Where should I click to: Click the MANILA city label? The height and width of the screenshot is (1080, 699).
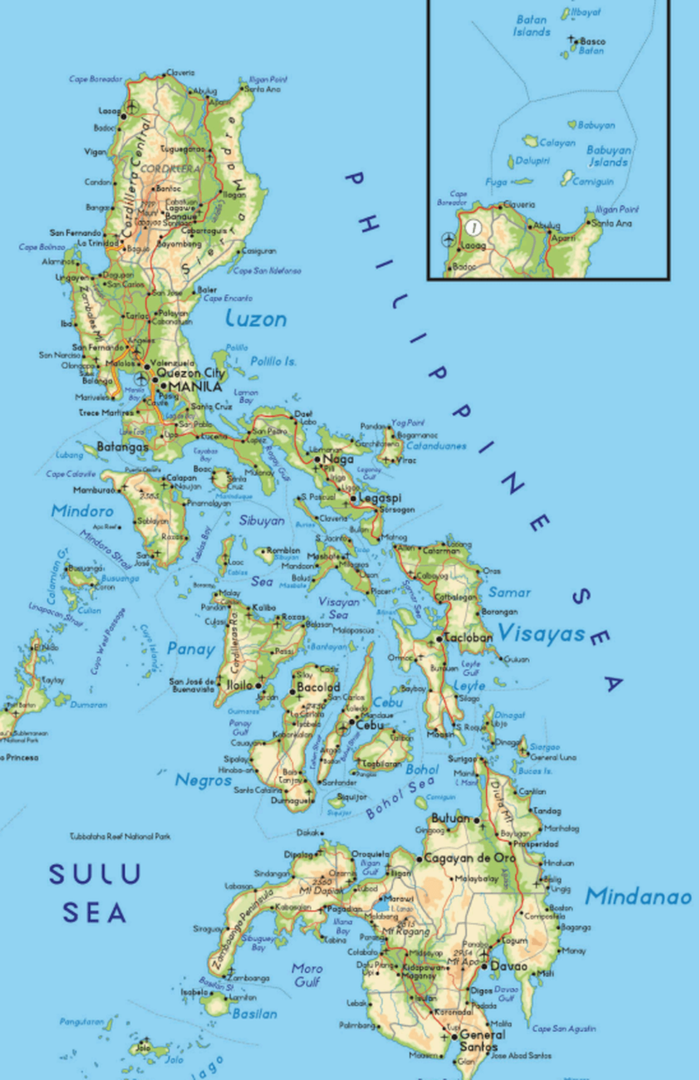pos(195,386)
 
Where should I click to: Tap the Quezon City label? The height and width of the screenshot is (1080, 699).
pos(190,373)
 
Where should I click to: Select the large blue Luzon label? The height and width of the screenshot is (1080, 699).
pos(256,319)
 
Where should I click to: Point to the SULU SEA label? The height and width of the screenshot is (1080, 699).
pos(95,893)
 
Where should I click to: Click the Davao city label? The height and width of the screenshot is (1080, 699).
pos(509,966)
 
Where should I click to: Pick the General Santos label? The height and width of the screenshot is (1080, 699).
pos(482,1040)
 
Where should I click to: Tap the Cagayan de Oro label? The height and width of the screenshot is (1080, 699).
pos(469,858)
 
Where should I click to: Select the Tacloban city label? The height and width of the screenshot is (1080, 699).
pos(468,637)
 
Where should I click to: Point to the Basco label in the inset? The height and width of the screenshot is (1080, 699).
pos(593,41)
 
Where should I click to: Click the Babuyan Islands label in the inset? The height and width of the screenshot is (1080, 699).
pos(608,156)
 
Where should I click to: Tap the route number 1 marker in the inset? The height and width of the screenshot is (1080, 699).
pos(475,227)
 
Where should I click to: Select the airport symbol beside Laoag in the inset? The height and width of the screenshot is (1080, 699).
pos(448,240)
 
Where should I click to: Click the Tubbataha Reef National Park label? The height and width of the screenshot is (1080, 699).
pos(120,836)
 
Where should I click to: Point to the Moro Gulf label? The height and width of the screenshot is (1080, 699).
pos(307,975)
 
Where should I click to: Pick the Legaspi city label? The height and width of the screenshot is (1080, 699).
pos(380,498)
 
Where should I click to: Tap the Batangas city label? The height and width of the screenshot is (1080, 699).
pos(122,446)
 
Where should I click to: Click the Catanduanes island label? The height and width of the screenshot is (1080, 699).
pos(436,446)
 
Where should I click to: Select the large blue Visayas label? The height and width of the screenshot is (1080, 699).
pos(541,634)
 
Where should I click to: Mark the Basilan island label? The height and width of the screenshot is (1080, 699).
pos(254,1014)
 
